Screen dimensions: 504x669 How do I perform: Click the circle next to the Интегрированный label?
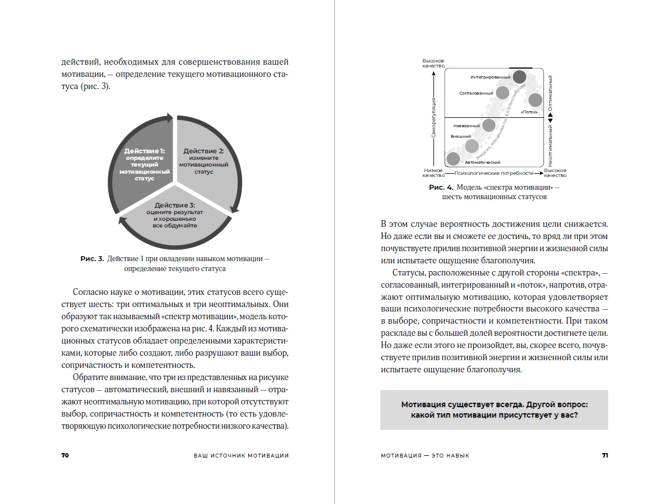click(519, 77)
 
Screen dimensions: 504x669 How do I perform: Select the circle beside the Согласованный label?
click(502, 92)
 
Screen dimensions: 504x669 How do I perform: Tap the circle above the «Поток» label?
click(535, 100)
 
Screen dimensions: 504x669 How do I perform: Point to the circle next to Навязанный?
click(488, 126)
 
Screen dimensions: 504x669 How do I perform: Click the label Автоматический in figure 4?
click(483, 163)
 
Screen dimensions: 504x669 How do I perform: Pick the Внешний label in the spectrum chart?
click(461, 136)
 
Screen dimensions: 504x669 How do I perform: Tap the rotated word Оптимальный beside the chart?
click(551, 92)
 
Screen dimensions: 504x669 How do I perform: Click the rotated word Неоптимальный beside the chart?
click(551, 146)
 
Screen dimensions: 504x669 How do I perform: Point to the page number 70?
click(65, 455)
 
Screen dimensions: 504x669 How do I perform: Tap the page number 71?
click(605, 455)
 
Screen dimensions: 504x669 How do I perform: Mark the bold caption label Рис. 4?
click(441, 188)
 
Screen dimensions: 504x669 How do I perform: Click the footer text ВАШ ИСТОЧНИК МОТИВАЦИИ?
click(242, 455)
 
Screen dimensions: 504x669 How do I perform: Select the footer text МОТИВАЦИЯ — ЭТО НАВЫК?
click(425, 455)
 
